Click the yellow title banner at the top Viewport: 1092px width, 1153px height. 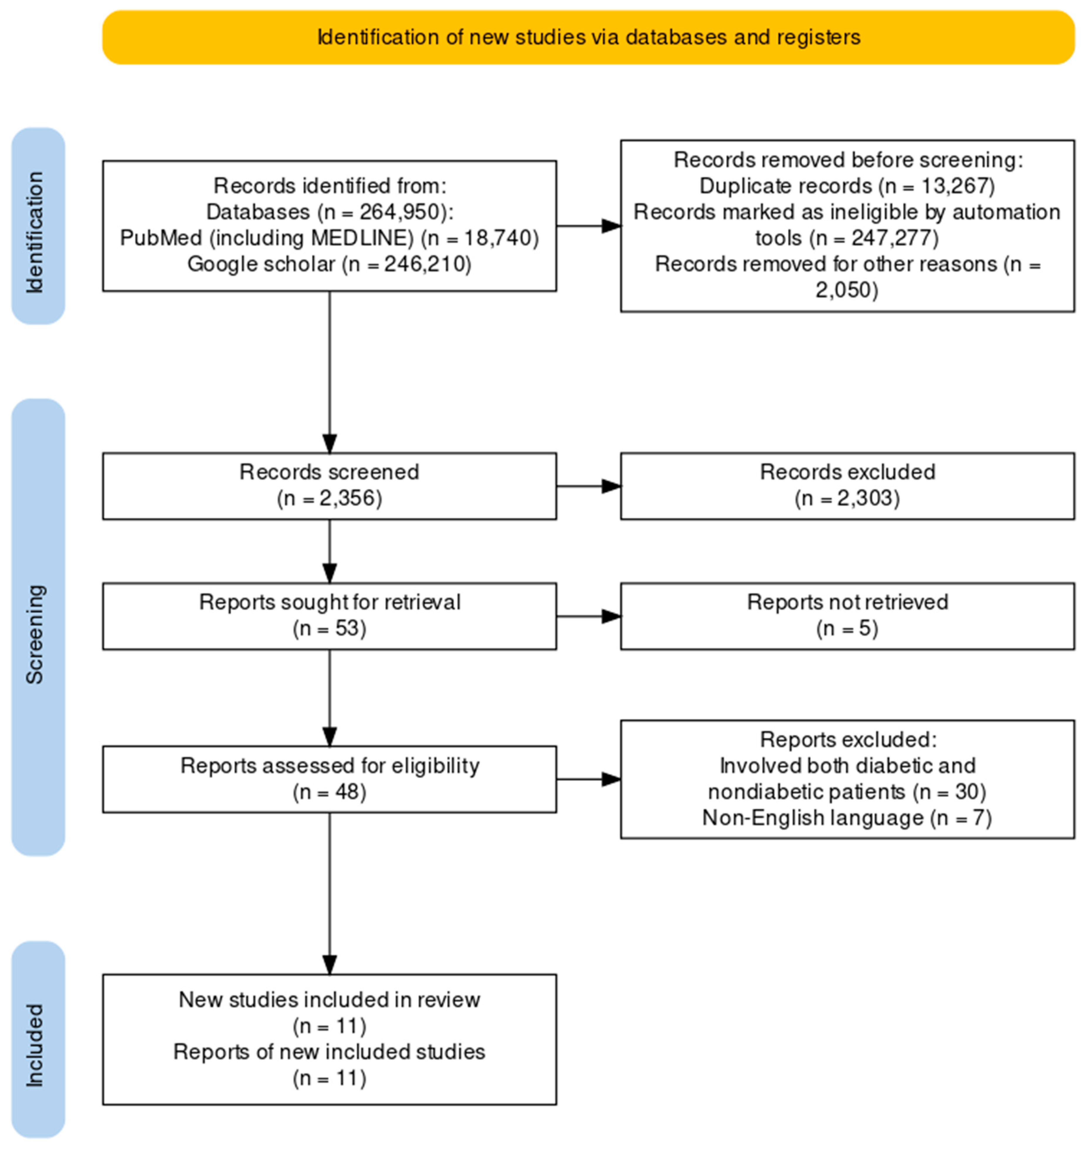pyautogui.click(x=588, y=37)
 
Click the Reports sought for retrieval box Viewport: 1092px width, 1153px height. pyautogui.click(x=329, y=616)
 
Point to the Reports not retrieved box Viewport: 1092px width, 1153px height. pyautogui.click(x=847, y=616)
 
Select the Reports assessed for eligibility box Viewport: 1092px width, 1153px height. pyautogui.click(x=329, y=779)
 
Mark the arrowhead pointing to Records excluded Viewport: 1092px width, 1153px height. pyautogui.click(x=611, y=486)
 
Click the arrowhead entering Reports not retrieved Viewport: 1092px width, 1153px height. pyautogui.click(x=611, y=616)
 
